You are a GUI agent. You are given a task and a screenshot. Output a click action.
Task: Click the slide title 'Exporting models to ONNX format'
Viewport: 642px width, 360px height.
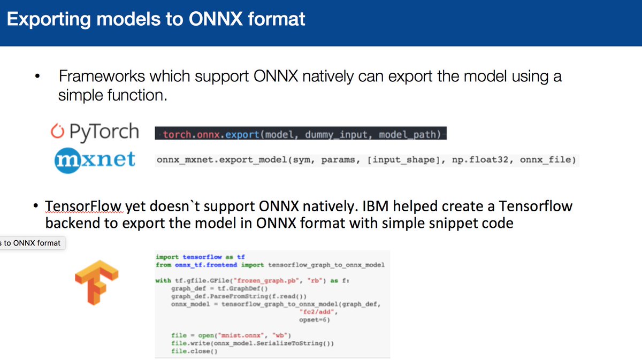click(156, 20)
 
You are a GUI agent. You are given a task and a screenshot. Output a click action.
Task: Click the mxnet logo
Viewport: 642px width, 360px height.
click(95, 158)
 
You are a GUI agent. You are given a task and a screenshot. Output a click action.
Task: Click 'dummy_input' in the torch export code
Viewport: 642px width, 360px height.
click(338, 134)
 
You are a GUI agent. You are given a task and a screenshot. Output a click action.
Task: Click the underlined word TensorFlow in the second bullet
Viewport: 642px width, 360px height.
click(85, 206)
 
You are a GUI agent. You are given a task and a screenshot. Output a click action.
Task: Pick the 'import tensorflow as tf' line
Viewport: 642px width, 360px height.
click(201, 257)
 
